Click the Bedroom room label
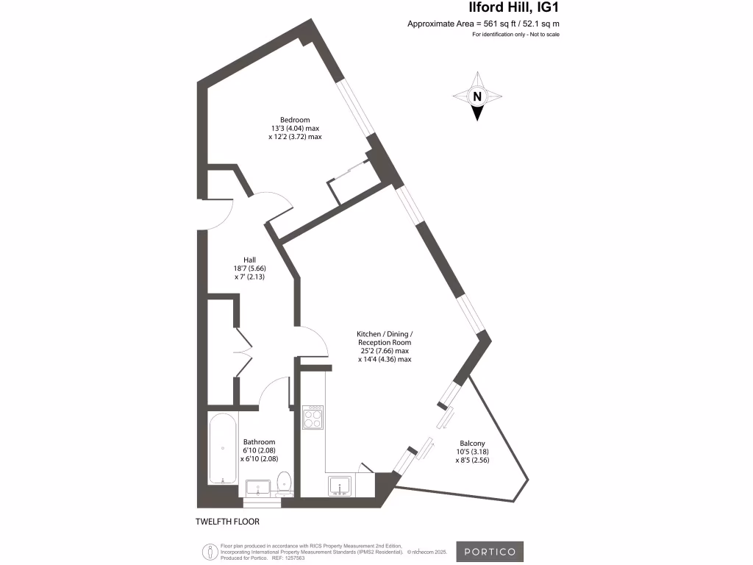(294, 120)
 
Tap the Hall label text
(250, 260)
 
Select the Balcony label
(471, 443)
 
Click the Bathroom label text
(259, 442)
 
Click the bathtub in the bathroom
(222, 449)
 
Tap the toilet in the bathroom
(285, 483)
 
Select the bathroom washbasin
(259, 488)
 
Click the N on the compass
(477, 96)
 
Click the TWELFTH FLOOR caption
(227, 522)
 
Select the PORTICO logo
(490, 552)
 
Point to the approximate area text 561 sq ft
(488, 24)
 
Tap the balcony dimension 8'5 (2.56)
(471, 460)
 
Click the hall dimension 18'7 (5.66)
(250, 269)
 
